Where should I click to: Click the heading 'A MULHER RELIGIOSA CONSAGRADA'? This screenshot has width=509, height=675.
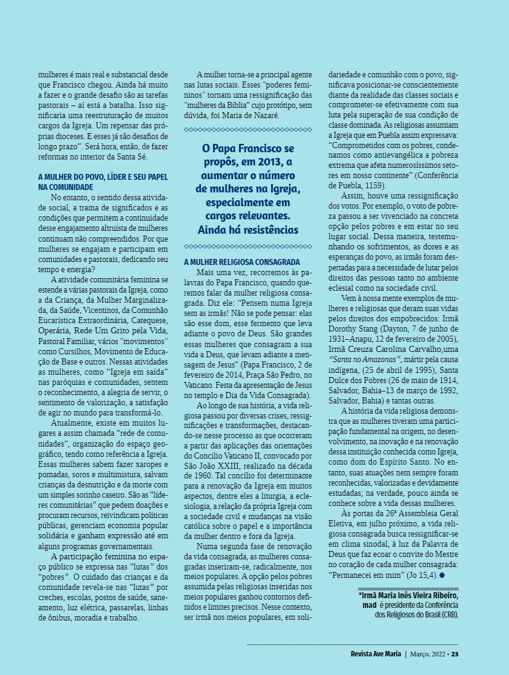(241, 262)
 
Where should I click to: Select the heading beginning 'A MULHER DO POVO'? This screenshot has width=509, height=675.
(103, 182)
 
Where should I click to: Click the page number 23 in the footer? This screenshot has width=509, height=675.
(455, 653)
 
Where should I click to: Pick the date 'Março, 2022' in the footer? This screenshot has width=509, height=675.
(428, 653)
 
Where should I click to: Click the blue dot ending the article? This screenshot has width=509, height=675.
(442, 575)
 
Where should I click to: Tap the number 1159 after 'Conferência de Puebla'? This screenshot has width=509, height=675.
(371, 186)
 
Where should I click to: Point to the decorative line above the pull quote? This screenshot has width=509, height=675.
(248, 129)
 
